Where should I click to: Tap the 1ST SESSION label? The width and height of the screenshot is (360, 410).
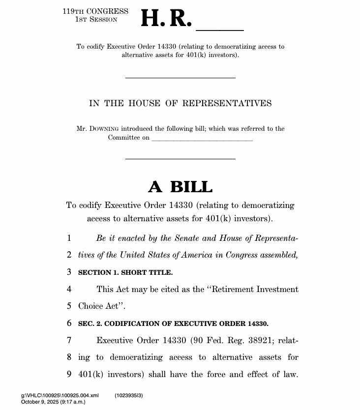tap(96, 19)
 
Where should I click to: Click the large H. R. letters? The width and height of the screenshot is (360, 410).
tap(166, 19)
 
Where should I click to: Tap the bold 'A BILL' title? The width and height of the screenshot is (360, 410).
tap(180, 187)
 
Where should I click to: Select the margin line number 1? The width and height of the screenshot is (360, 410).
tap(69, 238)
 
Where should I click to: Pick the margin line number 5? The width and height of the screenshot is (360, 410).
tap(69, 306)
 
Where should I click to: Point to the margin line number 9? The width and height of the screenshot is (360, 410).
tap(69, 374)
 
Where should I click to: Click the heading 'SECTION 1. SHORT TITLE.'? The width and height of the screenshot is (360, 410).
tap(125, 272)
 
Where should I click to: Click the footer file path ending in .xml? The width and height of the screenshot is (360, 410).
tap(60, 395)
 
